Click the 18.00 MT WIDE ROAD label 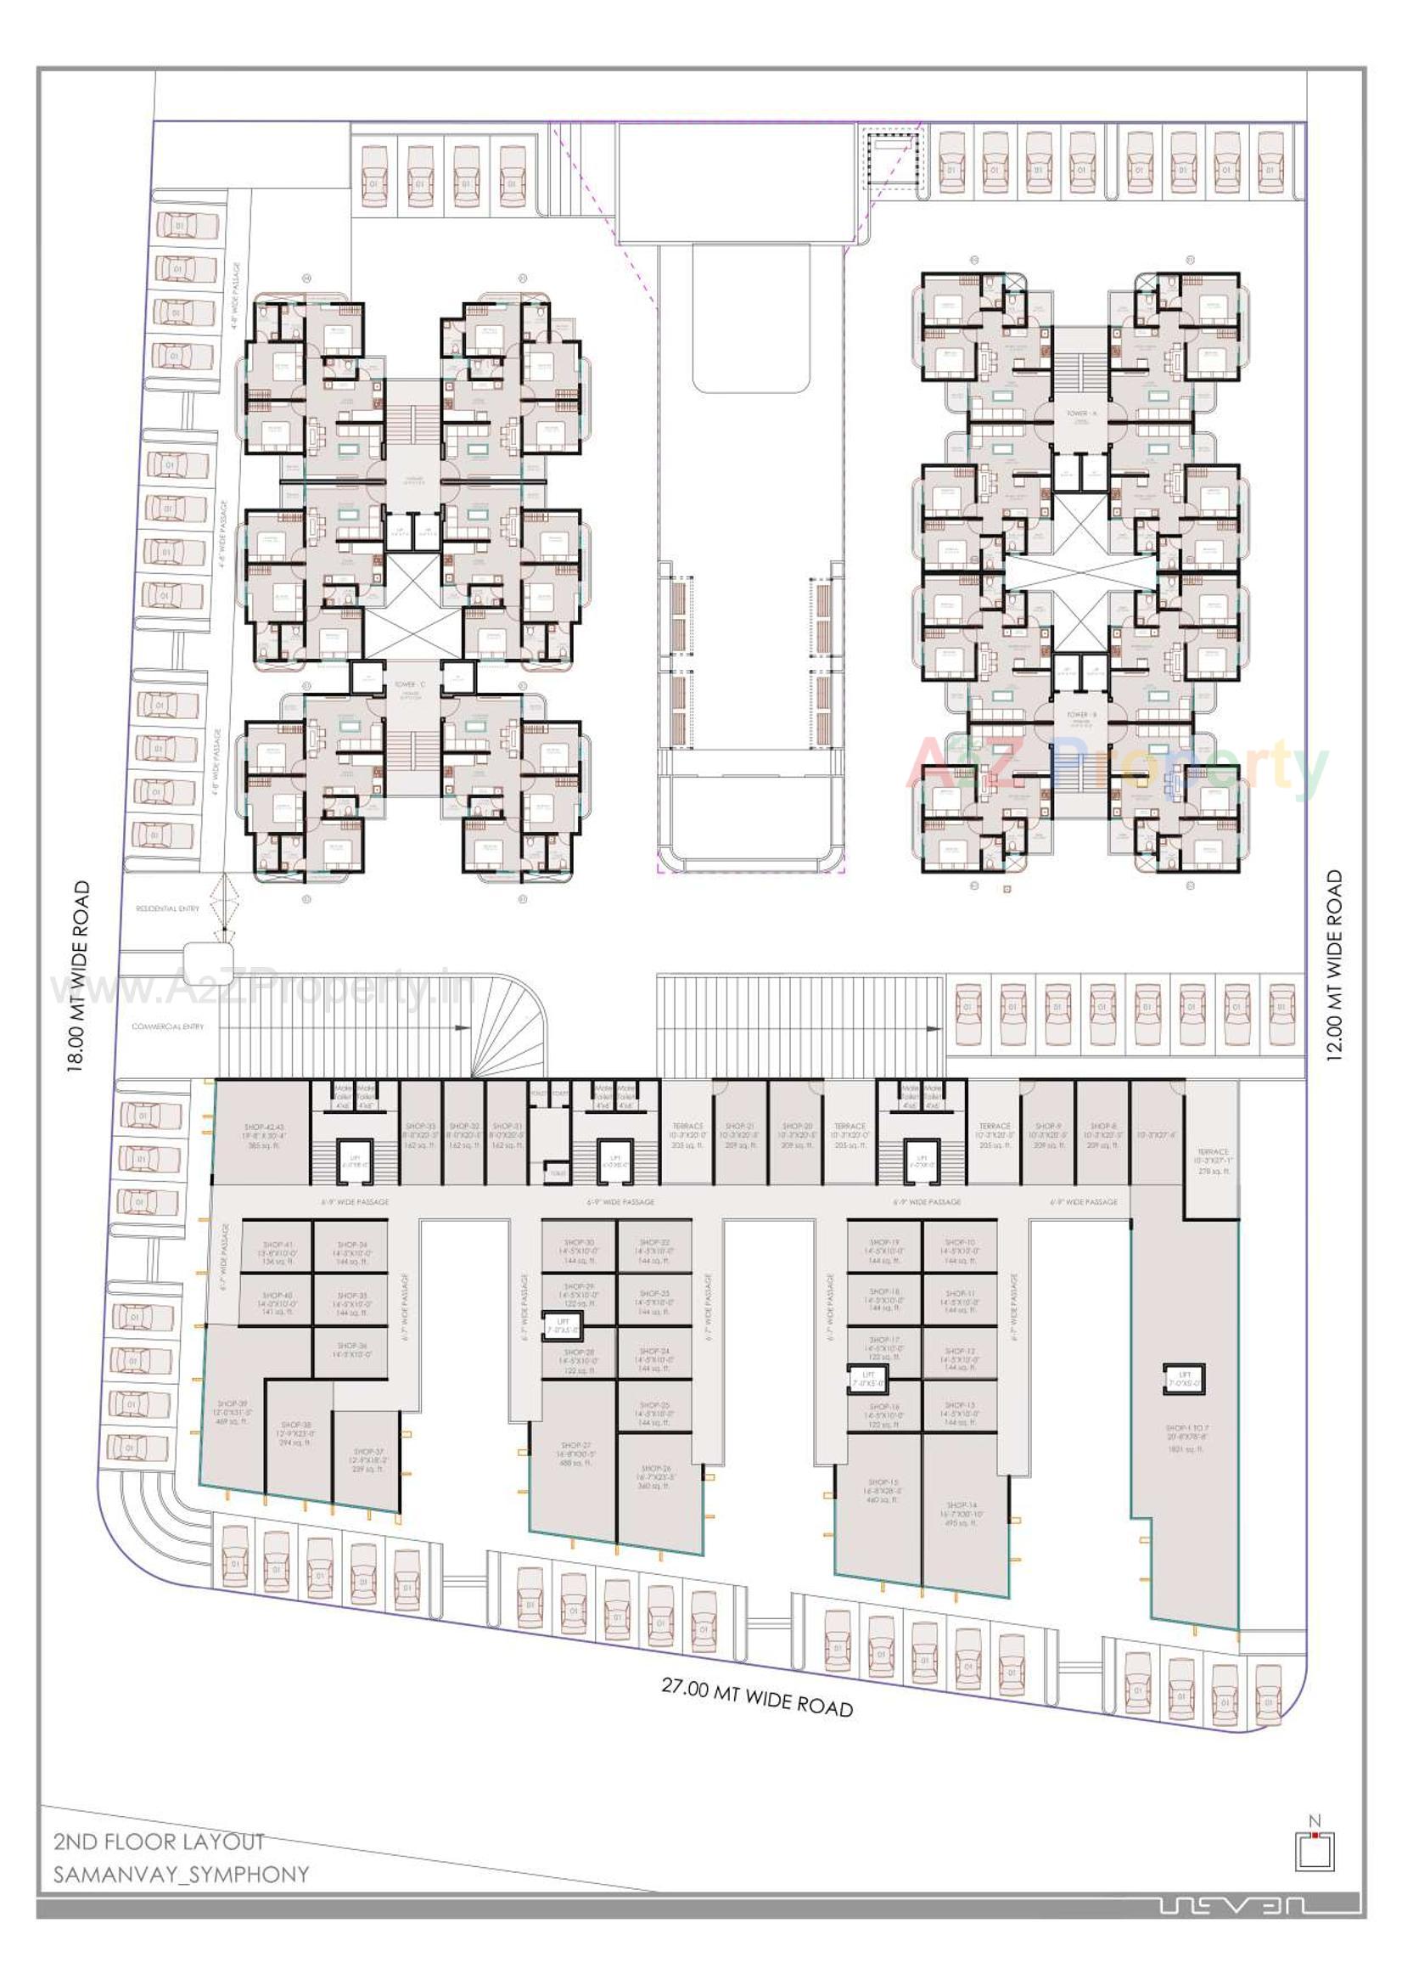click(x=80, y=977)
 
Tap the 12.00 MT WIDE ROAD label click(x=1336, y=965)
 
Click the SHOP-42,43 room click(x=263, y=1135)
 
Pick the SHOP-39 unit click(x=233, y=1412)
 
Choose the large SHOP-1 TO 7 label click(x=1185, y=1437)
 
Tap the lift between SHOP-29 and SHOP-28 click(x=563, y=1325)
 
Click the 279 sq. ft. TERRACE click(x=1212, y=1161)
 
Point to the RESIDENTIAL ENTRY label click(x=168, y=908)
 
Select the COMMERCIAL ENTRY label click(x=168, y=1026)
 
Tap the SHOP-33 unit click(x=420, y=1135)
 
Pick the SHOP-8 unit click(x=1102, y=1135)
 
